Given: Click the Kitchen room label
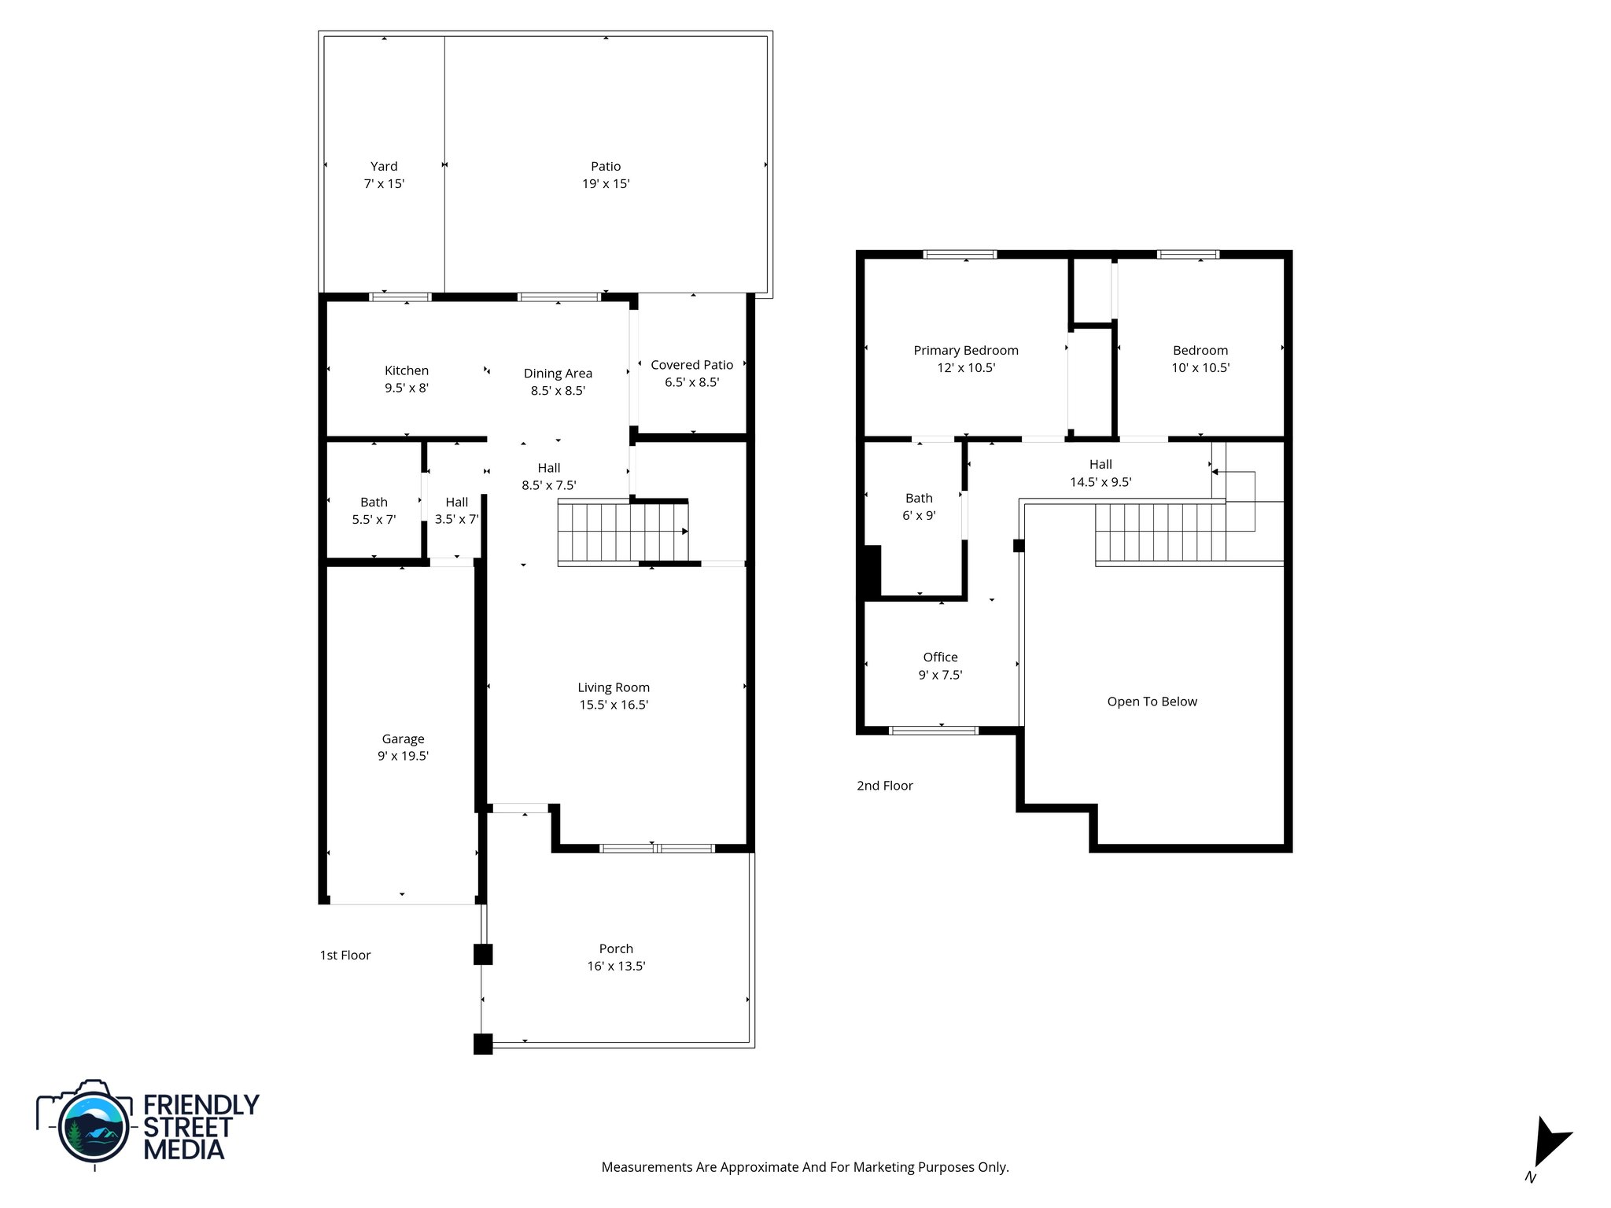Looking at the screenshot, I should coord(406,370).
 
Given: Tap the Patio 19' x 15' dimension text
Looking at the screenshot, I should coord(606,184).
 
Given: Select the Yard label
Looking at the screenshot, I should coord(384,166).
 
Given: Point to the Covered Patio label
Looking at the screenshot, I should coord(691,365).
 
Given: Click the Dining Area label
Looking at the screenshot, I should coord(558,374).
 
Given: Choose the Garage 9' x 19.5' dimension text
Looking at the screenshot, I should coord(403,757).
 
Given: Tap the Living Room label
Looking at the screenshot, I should coord(614,687).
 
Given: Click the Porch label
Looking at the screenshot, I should coord(616,948).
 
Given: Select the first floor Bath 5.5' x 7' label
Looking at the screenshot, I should coord(374,510).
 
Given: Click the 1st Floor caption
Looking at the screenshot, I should coord(345,955).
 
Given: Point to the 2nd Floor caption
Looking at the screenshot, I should coord(884,785).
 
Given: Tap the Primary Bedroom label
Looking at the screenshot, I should coord(965,350).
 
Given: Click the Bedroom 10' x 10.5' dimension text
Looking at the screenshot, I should coord(1200,368).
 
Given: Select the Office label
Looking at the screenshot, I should coord(940,657).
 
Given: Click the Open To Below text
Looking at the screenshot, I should coord(1152,702).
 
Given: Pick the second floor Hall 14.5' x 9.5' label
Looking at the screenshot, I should coord(1100,473).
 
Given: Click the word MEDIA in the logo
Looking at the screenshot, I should coord(183,1149).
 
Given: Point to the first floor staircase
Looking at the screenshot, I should coord(621,532).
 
